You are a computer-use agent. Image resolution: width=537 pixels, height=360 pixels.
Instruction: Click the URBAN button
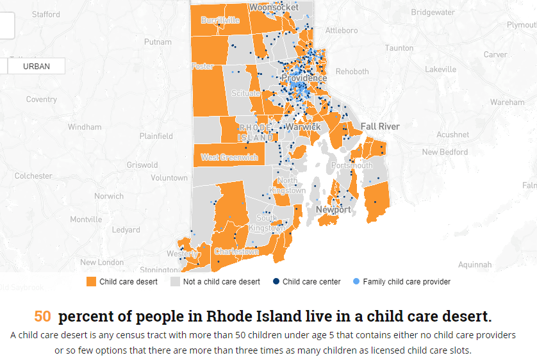click(36, 66)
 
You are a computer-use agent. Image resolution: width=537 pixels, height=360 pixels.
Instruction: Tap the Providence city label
click(304, 78)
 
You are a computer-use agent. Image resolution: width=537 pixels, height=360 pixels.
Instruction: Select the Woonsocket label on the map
click(274, 7)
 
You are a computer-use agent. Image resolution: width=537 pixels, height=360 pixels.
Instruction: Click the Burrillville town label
click(220, 20)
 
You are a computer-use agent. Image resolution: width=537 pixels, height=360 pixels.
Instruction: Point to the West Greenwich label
click(229, 157)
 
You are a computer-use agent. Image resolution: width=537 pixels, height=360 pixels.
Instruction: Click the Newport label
click(333, 209)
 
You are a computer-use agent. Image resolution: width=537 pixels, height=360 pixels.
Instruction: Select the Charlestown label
click(236, 252)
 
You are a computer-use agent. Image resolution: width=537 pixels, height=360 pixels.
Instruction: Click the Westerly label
click(183, 254)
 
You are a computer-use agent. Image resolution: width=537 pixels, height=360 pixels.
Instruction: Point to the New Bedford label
click(445, 152)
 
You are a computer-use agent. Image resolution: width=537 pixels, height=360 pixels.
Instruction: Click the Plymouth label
click(521, 24)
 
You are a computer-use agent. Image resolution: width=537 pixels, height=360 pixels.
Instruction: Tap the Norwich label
click(109, 196)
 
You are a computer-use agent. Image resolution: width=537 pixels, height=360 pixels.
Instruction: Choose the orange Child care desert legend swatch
click(91, 282)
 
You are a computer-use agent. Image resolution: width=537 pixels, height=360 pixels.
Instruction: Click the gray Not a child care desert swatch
click(175, 282)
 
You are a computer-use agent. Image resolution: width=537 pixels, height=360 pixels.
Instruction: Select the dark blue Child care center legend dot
click(276, 282)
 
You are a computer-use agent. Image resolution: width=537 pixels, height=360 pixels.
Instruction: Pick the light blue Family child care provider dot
click(356, 282)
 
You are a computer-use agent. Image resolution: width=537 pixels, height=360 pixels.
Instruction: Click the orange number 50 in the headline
click(42, 316)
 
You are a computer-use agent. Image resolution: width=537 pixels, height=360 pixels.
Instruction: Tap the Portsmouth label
click(351, 165)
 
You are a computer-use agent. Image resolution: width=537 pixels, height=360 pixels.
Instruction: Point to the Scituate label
click(245, 94)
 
